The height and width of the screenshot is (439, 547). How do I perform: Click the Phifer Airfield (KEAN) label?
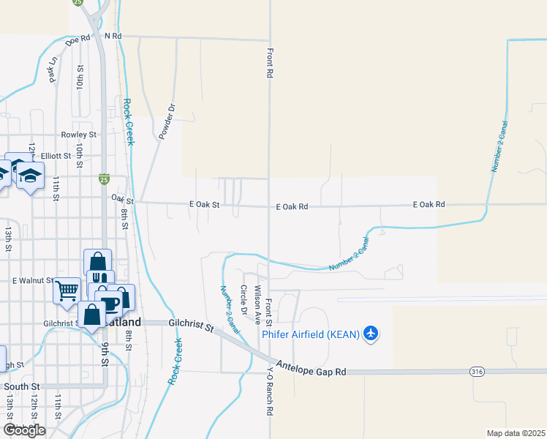click(311, 334)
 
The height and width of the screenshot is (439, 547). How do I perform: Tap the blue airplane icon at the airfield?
click(371, 334)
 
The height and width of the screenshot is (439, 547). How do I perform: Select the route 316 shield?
click(477, 372)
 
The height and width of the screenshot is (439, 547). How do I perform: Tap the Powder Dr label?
click(167, 122)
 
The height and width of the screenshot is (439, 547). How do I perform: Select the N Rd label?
click(113, 35)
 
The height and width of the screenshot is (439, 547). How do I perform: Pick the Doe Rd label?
click(78, 40)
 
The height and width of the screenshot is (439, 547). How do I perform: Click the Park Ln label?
click(53, 70)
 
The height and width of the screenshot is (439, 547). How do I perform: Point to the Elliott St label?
click(56, 156)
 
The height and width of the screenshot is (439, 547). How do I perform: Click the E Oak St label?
click(205, 206)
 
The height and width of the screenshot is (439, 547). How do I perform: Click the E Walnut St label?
click(34, 280)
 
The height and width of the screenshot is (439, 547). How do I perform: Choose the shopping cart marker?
click(67, 290)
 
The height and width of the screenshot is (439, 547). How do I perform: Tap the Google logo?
click(23, 430)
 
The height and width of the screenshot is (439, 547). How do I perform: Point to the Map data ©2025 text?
click(516, 433)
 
